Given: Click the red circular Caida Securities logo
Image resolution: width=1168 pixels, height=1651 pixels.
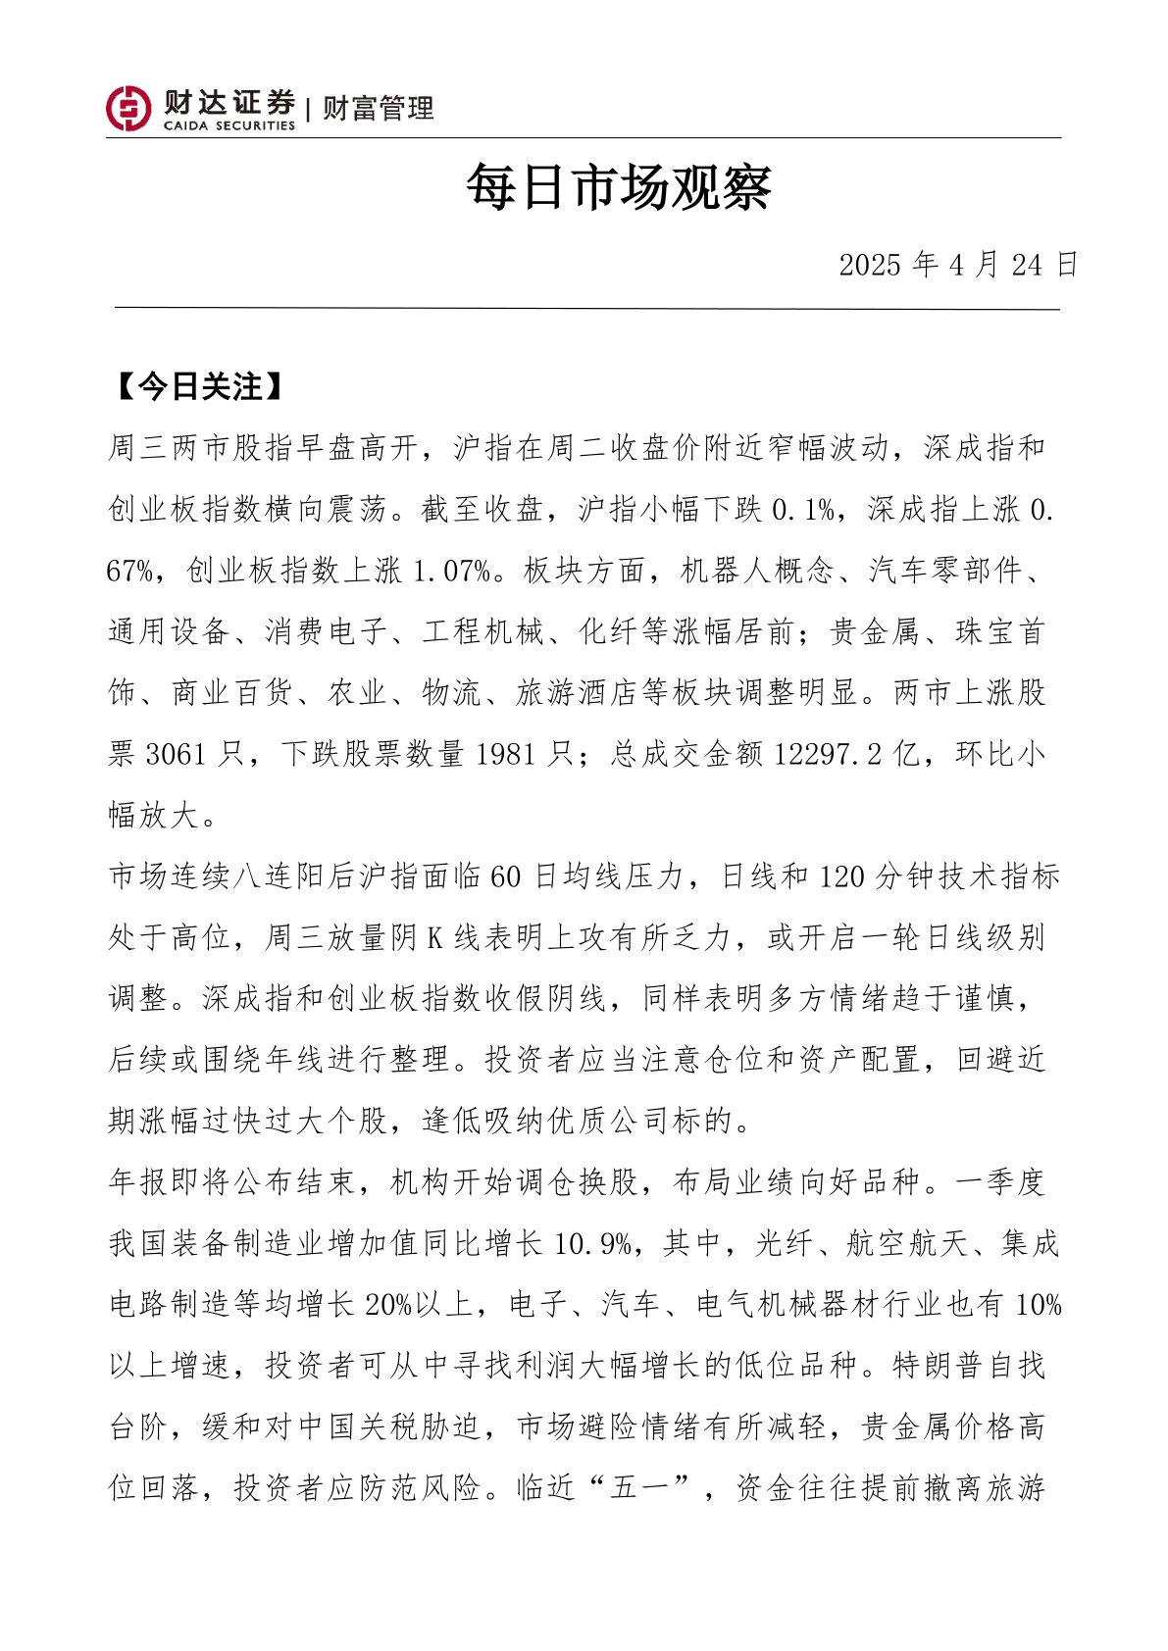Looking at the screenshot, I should click(x=128, y=108).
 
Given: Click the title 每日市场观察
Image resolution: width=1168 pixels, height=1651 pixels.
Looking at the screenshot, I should click(x=619, y=187).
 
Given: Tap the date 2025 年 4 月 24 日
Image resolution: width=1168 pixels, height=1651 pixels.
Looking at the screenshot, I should click(x=957, y=265).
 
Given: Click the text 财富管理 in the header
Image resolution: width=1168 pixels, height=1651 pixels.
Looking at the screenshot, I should click(x=378, y=109).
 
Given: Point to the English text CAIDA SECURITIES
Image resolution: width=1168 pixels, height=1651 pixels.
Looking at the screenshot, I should click(x=229, y=126).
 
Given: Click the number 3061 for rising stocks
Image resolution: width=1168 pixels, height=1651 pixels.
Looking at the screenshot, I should click(x=176, y=754).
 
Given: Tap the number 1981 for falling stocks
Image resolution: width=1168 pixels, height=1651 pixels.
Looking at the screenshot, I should click(x=506, y=754).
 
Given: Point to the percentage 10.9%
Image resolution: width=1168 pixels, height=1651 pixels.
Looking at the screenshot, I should click(x=592, y=1244).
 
